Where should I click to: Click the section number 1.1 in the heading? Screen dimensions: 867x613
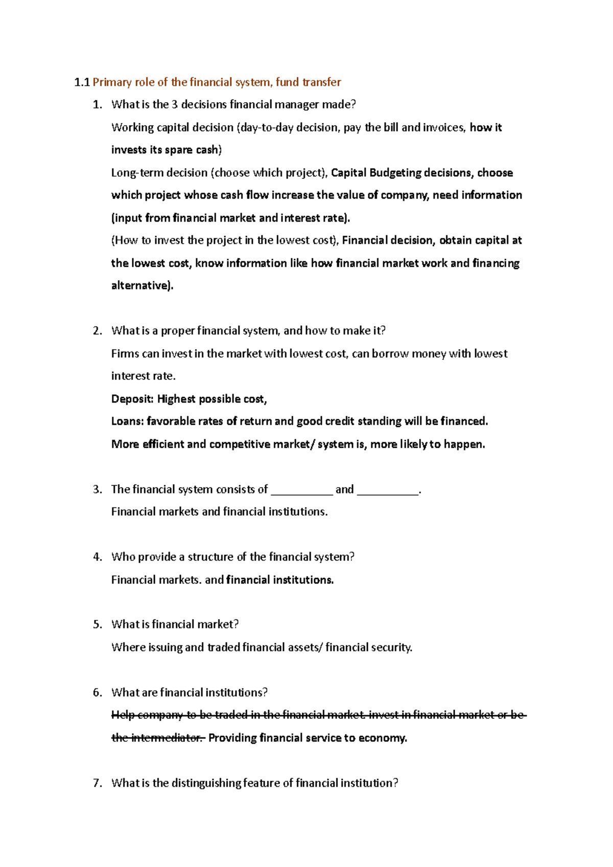click(x=82, y=82)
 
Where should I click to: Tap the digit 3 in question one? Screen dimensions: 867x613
click(x=175, y=105)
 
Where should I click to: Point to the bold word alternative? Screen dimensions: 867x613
click(x=141, y=285)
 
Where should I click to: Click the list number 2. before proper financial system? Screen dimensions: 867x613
click(x=98, y=331)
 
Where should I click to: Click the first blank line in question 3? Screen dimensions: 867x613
click(x=301, y=490)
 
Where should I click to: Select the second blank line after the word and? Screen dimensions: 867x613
click(x=387, y=490)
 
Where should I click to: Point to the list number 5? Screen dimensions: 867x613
click(x=98, y=624)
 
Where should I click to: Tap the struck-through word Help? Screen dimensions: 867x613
click(x=123, y=715)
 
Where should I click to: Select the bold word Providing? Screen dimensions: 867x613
click(x=232, y=738)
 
